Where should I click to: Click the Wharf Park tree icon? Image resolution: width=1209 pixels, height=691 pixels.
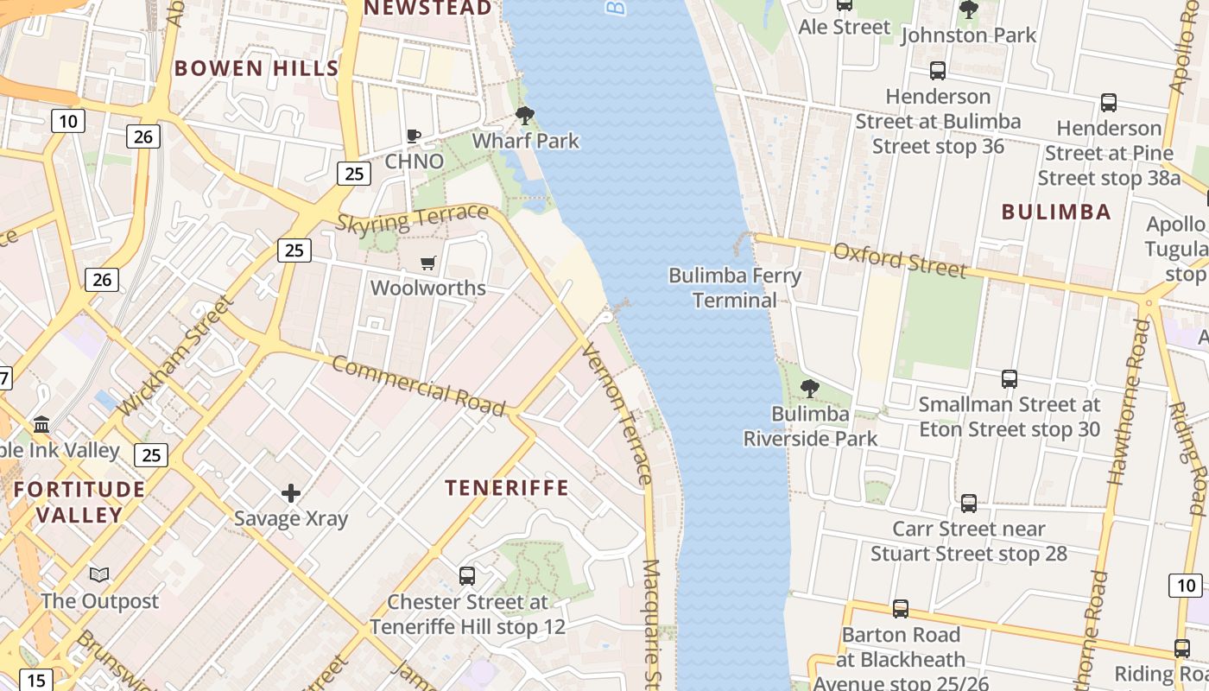(524, 115)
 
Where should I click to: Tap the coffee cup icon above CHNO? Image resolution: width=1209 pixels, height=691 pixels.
(414, 136)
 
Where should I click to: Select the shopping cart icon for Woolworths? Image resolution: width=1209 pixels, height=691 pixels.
(428, 263)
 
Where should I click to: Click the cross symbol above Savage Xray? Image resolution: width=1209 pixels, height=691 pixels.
(291, 493)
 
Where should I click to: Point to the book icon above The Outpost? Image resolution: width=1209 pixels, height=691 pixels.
(99, 574)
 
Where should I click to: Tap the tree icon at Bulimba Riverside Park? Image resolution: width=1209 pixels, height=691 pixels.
(809, 388)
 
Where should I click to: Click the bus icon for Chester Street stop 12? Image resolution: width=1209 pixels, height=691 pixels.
(467, 575)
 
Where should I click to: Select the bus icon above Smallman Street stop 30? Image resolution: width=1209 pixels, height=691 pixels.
(1009, 378)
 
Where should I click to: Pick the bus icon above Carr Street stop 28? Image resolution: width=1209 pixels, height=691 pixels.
(969, 503)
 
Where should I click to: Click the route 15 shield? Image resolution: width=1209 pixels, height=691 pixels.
(35, 680)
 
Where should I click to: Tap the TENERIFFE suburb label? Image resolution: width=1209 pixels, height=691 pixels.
(507, 488)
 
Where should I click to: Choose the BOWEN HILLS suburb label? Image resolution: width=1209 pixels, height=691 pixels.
(256, 68)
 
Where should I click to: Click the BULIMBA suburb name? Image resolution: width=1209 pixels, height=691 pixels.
(1055, 212)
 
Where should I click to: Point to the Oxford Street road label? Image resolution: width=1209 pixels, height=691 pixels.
(899, 259)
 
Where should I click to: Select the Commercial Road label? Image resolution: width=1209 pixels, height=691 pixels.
(418, 385)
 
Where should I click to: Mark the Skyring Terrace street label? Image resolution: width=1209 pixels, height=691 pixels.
(412, 218)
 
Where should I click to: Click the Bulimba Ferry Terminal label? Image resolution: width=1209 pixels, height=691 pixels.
(735, 288)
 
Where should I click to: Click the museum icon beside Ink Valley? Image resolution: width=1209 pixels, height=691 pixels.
(41, 424)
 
